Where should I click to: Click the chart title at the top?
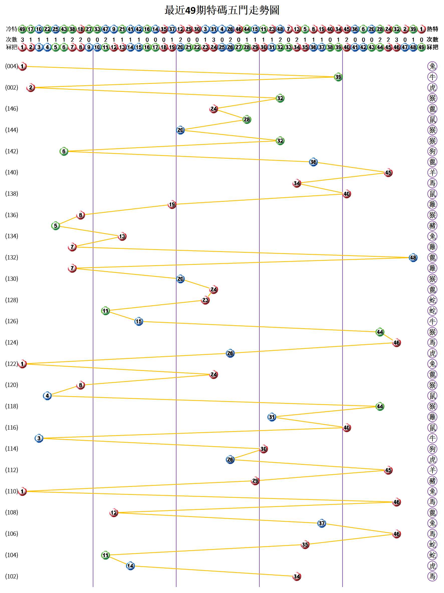(x=221, y=10)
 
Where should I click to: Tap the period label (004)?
(x=12, y=66)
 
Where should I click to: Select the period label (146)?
(x=12, y=109)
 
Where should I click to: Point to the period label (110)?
(x=12, y=491)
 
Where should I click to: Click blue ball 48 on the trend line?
(x=413, y=258)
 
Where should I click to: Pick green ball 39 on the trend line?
(x=338, y=77)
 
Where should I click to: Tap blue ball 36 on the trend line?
(x=313, y=162)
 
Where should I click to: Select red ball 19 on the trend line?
(x=172, y=205)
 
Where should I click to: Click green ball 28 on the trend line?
(x=247, y=119)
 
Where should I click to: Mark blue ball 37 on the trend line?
(x=321, y=523)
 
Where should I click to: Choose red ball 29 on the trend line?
(x=255, y=481)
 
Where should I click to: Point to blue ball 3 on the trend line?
(x=39, y=438)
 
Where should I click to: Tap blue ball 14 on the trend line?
(x=130, y=566)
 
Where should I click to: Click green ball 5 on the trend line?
(x=55, y=226)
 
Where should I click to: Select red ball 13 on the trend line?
(x=122, y=236)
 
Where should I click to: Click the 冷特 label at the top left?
(x=12, y=29)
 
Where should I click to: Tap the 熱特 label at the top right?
(x=432, y=29)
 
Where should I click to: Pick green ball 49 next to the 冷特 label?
(x=23, y=29)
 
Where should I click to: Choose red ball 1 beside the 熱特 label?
(x=421, y=29)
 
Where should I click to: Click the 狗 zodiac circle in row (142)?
(x=432, y=151)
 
